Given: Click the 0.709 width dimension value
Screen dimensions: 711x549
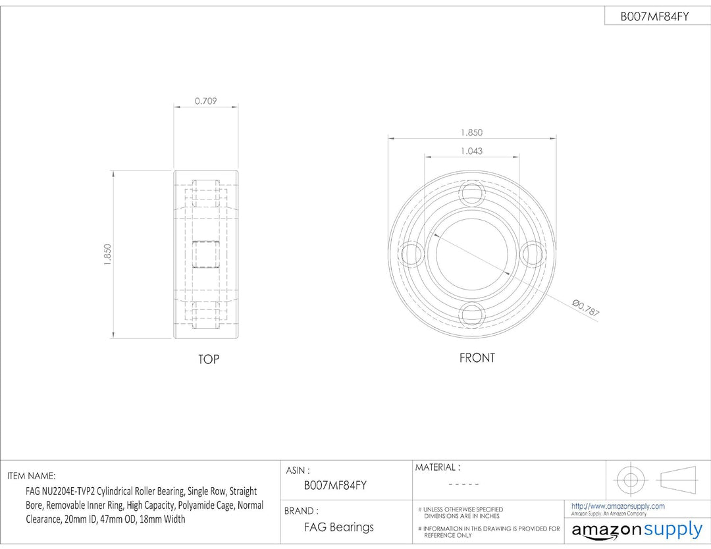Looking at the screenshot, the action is coord(205,101).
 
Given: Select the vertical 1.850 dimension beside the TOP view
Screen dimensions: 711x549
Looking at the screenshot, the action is coord(107,254).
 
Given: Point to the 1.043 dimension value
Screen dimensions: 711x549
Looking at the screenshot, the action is coord(471,151).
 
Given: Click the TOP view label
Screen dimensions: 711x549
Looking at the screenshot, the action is coord(209,359).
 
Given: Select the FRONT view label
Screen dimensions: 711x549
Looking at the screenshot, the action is coord(477,358).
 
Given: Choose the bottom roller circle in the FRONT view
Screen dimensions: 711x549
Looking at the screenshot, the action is coord(472,315).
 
